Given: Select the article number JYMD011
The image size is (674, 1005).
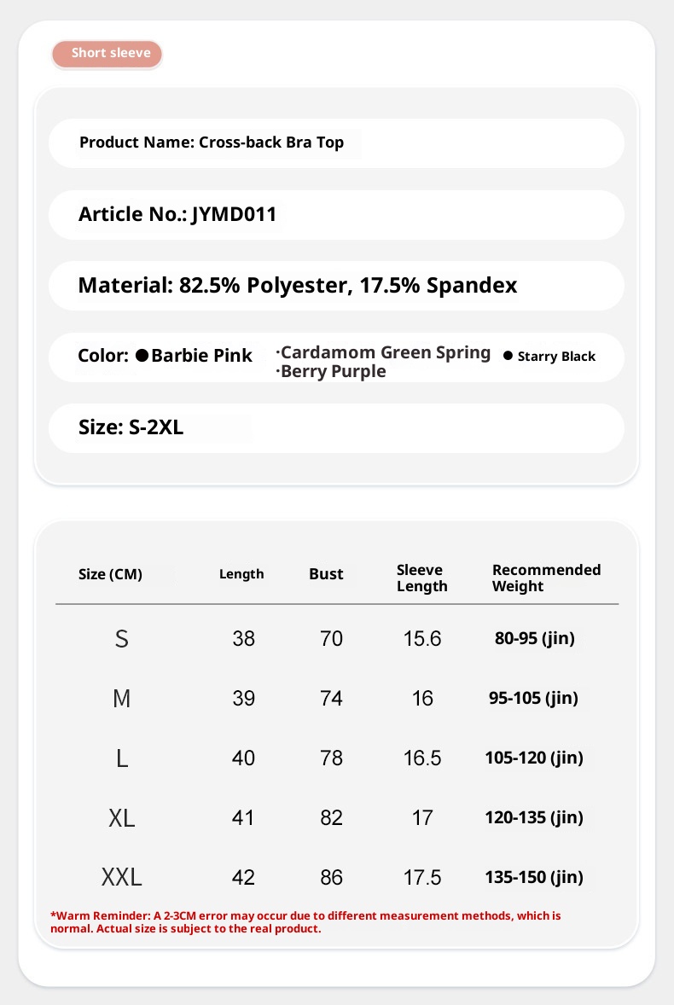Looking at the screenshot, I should [x=235, y=214].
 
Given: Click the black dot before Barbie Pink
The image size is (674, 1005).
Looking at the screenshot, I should [x=142, y=355].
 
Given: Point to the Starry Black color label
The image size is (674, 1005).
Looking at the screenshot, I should [x=556, y=357].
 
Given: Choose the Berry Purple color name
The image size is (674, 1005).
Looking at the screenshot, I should [x=333, y=372].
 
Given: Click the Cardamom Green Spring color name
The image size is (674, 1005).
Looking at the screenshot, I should [x=386, y=352].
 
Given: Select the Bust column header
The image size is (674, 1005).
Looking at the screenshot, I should [x=326, y=574].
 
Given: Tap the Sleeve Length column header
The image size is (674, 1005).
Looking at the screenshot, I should [x=421, y=578].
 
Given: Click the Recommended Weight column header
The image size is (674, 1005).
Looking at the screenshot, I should [x=546, y=578].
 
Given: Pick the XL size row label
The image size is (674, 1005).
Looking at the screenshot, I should [x=122, y=818].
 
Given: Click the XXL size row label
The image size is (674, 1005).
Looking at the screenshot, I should [x=122, y=877].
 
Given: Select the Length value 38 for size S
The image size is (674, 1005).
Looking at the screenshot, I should [x=243, y=638].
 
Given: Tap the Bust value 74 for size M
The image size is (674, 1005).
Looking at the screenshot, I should [x=331, y=699].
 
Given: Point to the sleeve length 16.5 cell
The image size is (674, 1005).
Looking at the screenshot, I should [x=422, y=758].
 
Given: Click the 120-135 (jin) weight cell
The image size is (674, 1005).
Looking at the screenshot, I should [x=534, y=818].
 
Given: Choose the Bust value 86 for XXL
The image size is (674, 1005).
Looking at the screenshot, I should [x=331, y=877].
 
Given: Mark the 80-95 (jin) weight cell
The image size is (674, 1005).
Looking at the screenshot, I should [x=534, y=638].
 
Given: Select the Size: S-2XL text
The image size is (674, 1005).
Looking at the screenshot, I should [x=131, y=427].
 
